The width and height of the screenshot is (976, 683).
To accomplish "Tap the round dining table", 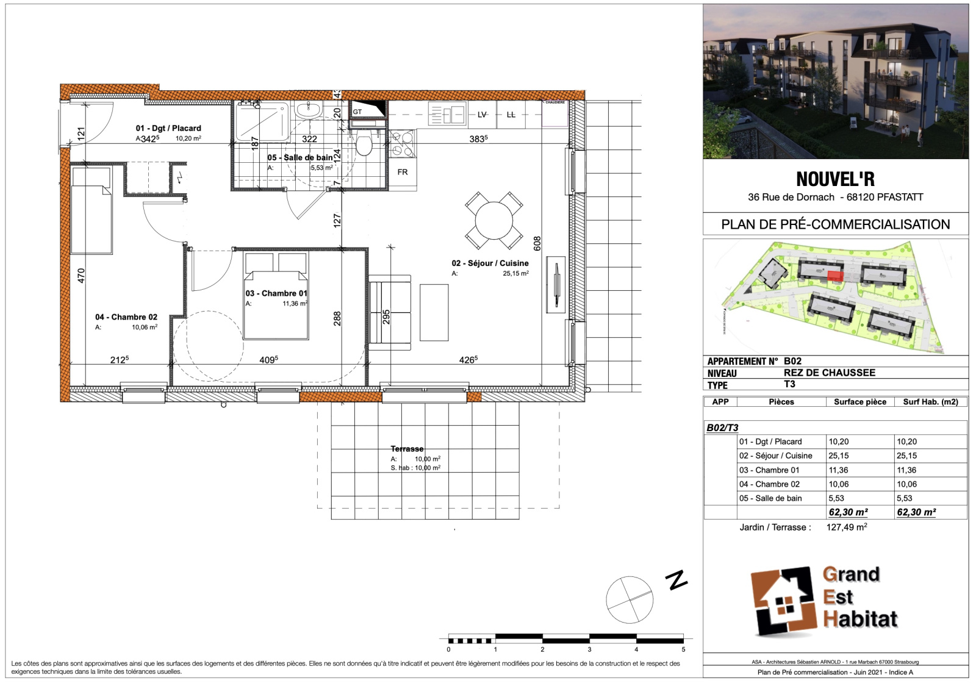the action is (493, 220).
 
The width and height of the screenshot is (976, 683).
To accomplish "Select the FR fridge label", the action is (402, 172).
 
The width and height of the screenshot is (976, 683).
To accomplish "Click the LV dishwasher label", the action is (481, 115).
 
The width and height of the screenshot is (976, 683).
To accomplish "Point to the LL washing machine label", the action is (511, 115).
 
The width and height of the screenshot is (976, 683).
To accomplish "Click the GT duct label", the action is (357, 112).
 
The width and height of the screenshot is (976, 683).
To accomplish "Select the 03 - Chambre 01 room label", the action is (276, 293).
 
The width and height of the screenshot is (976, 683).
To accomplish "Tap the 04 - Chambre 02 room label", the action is (126, 317).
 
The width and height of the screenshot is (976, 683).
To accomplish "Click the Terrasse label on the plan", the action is (407, 449).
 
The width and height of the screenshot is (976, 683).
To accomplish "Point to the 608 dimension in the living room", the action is (537, 243).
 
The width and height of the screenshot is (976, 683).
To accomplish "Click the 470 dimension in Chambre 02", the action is (81, 275).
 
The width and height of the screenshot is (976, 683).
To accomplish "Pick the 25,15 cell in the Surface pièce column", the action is (839, 456).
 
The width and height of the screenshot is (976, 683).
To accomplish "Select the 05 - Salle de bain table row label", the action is (770, 498).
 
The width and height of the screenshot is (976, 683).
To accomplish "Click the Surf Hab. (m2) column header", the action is (930, 402).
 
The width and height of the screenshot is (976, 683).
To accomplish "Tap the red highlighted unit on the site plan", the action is (834, 277).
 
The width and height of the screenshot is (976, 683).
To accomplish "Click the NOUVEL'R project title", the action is (835, 179).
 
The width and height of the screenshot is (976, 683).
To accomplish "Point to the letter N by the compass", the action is (676, 580).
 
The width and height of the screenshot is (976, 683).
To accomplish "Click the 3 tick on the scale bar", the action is (589, 649).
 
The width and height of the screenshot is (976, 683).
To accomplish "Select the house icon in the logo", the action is (783, 601).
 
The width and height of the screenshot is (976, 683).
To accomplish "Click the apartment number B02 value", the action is (792, 360).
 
